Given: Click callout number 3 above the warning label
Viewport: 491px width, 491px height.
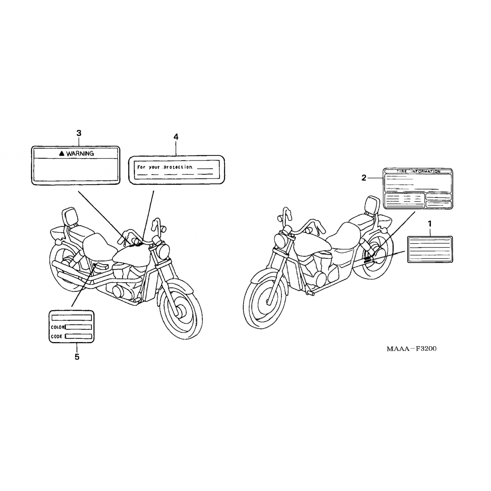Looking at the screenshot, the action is point(79,133).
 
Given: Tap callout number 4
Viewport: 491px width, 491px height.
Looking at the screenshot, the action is point(176,137).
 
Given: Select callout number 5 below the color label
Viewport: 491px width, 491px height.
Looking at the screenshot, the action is point(77,357).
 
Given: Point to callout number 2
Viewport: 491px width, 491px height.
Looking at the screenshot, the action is point(364,178).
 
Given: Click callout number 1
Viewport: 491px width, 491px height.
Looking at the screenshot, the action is point(430,224).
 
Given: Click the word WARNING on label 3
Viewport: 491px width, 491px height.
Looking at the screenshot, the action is point(80,153).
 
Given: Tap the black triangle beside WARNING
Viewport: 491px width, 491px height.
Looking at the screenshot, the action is point(61,153).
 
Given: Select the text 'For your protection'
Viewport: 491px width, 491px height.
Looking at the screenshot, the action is point(165,167).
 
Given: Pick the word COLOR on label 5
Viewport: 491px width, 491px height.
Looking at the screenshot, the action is point(57,327).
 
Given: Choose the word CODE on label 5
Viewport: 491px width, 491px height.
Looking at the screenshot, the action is point(56,336).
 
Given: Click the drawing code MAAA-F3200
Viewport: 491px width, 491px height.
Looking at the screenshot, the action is point(411,349).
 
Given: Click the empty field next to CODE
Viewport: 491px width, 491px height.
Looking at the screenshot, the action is point(79,336).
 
